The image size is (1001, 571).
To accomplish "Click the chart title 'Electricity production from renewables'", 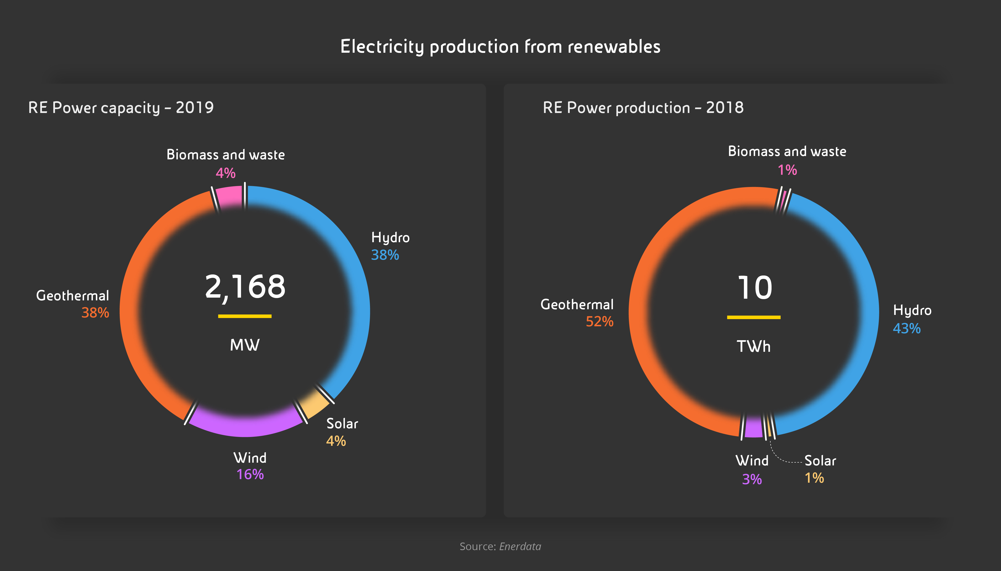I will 500,47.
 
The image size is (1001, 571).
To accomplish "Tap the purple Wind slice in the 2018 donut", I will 753,427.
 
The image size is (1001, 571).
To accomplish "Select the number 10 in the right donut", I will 754,288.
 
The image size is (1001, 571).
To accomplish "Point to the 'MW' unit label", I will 245,345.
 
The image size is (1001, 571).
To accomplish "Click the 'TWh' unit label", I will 753,347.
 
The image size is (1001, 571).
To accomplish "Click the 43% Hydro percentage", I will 907,328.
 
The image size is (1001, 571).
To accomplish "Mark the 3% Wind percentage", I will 752,479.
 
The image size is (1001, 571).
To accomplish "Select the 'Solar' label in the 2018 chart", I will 820,461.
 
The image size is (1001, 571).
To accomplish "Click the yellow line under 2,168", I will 245,316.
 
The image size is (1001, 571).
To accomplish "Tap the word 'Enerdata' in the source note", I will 520,546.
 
